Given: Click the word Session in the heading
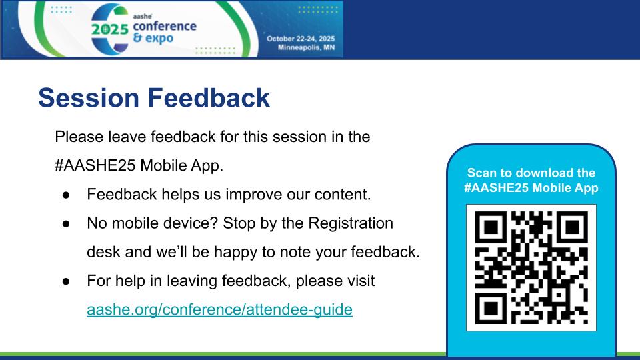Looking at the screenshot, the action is coord(89,98).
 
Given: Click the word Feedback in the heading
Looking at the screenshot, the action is coord(209,98).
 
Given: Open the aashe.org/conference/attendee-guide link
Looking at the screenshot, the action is coord(219,309).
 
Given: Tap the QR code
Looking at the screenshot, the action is coord(531,267).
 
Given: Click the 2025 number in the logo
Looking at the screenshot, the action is coord(110,29).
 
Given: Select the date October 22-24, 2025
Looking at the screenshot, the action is coord(301,39).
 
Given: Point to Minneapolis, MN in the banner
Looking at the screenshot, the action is coord(306,47).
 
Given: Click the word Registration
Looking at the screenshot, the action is coord(351,224).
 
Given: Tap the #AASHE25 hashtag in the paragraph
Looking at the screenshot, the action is coord(95,165).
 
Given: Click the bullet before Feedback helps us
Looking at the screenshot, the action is coord(66,195).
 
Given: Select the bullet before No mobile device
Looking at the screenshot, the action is coord(66,224).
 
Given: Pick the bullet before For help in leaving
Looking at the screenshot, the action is coord(66,281).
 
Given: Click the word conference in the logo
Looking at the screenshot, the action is coord(165,26).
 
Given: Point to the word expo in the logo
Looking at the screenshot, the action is coord(159,39).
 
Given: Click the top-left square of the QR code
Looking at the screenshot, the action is coord(491,227).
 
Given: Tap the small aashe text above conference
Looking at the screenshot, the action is coord(143,16).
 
